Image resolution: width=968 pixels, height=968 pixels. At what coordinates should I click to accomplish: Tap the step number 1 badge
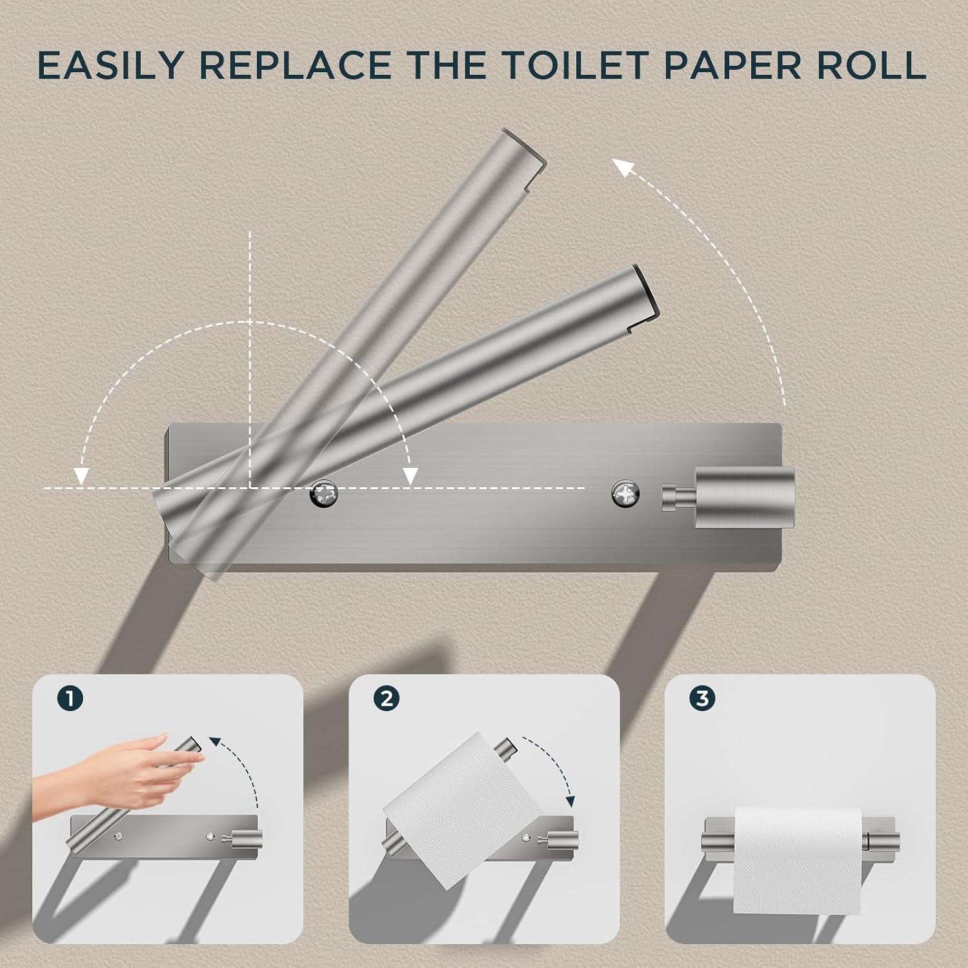(70, 698)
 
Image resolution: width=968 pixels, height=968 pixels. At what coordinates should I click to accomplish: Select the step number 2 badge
(387, 698)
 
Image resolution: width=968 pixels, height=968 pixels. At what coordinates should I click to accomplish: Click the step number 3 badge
(703, 698)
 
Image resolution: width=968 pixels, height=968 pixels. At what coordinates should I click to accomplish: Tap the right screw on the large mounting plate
(625, 494)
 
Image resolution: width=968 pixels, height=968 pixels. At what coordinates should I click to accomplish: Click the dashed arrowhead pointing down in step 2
(570, 802)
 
